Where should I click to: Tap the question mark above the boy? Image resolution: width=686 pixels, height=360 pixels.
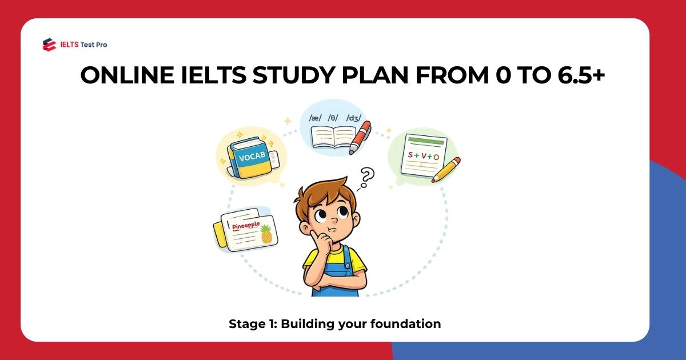366,177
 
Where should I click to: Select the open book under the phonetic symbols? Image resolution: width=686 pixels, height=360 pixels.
333,138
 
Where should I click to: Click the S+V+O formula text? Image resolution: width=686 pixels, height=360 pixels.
424,155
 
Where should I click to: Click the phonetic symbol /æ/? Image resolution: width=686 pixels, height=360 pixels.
316,118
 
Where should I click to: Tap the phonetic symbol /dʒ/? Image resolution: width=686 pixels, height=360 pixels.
353,118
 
